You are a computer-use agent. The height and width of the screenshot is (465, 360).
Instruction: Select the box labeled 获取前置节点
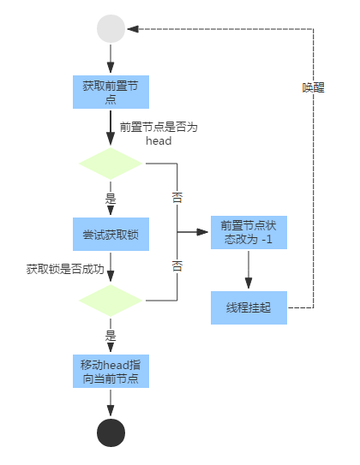pos(111,92)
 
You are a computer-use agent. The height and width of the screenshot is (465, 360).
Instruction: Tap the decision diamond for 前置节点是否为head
pos(111,163)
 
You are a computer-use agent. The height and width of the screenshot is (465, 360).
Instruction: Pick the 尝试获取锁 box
pos(111,232)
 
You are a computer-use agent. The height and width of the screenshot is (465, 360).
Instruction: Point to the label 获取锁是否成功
pos(65,269)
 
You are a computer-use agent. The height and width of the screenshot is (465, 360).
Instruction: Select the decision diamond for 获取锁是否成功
pos(111,301)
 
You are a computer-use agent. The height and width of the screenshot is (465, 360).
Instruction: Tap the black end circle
pos(111,432)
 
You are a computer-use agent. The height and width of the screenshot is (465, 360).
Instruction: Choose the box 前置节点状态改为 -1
pos(249,232)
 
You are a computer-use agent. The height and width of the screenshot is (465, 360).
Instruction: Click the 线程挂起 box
pos(249,307)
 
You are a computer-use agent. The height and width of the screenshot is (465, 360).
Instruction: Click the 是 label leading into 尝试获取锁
pos(111,198)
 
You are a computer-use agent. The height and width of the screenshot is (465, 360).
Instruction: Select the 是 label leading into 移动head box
pos(111,336)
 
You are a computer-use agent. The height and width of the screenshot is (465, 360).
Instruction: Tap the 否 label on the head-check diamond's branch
pos(177,197)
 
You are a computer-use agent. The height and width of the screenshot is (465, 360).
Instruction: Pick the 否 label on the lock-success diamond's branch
pos(177,265)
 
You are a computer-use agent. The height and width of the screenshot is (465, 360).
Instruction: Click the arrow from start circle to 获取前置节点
pos(111,59)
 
